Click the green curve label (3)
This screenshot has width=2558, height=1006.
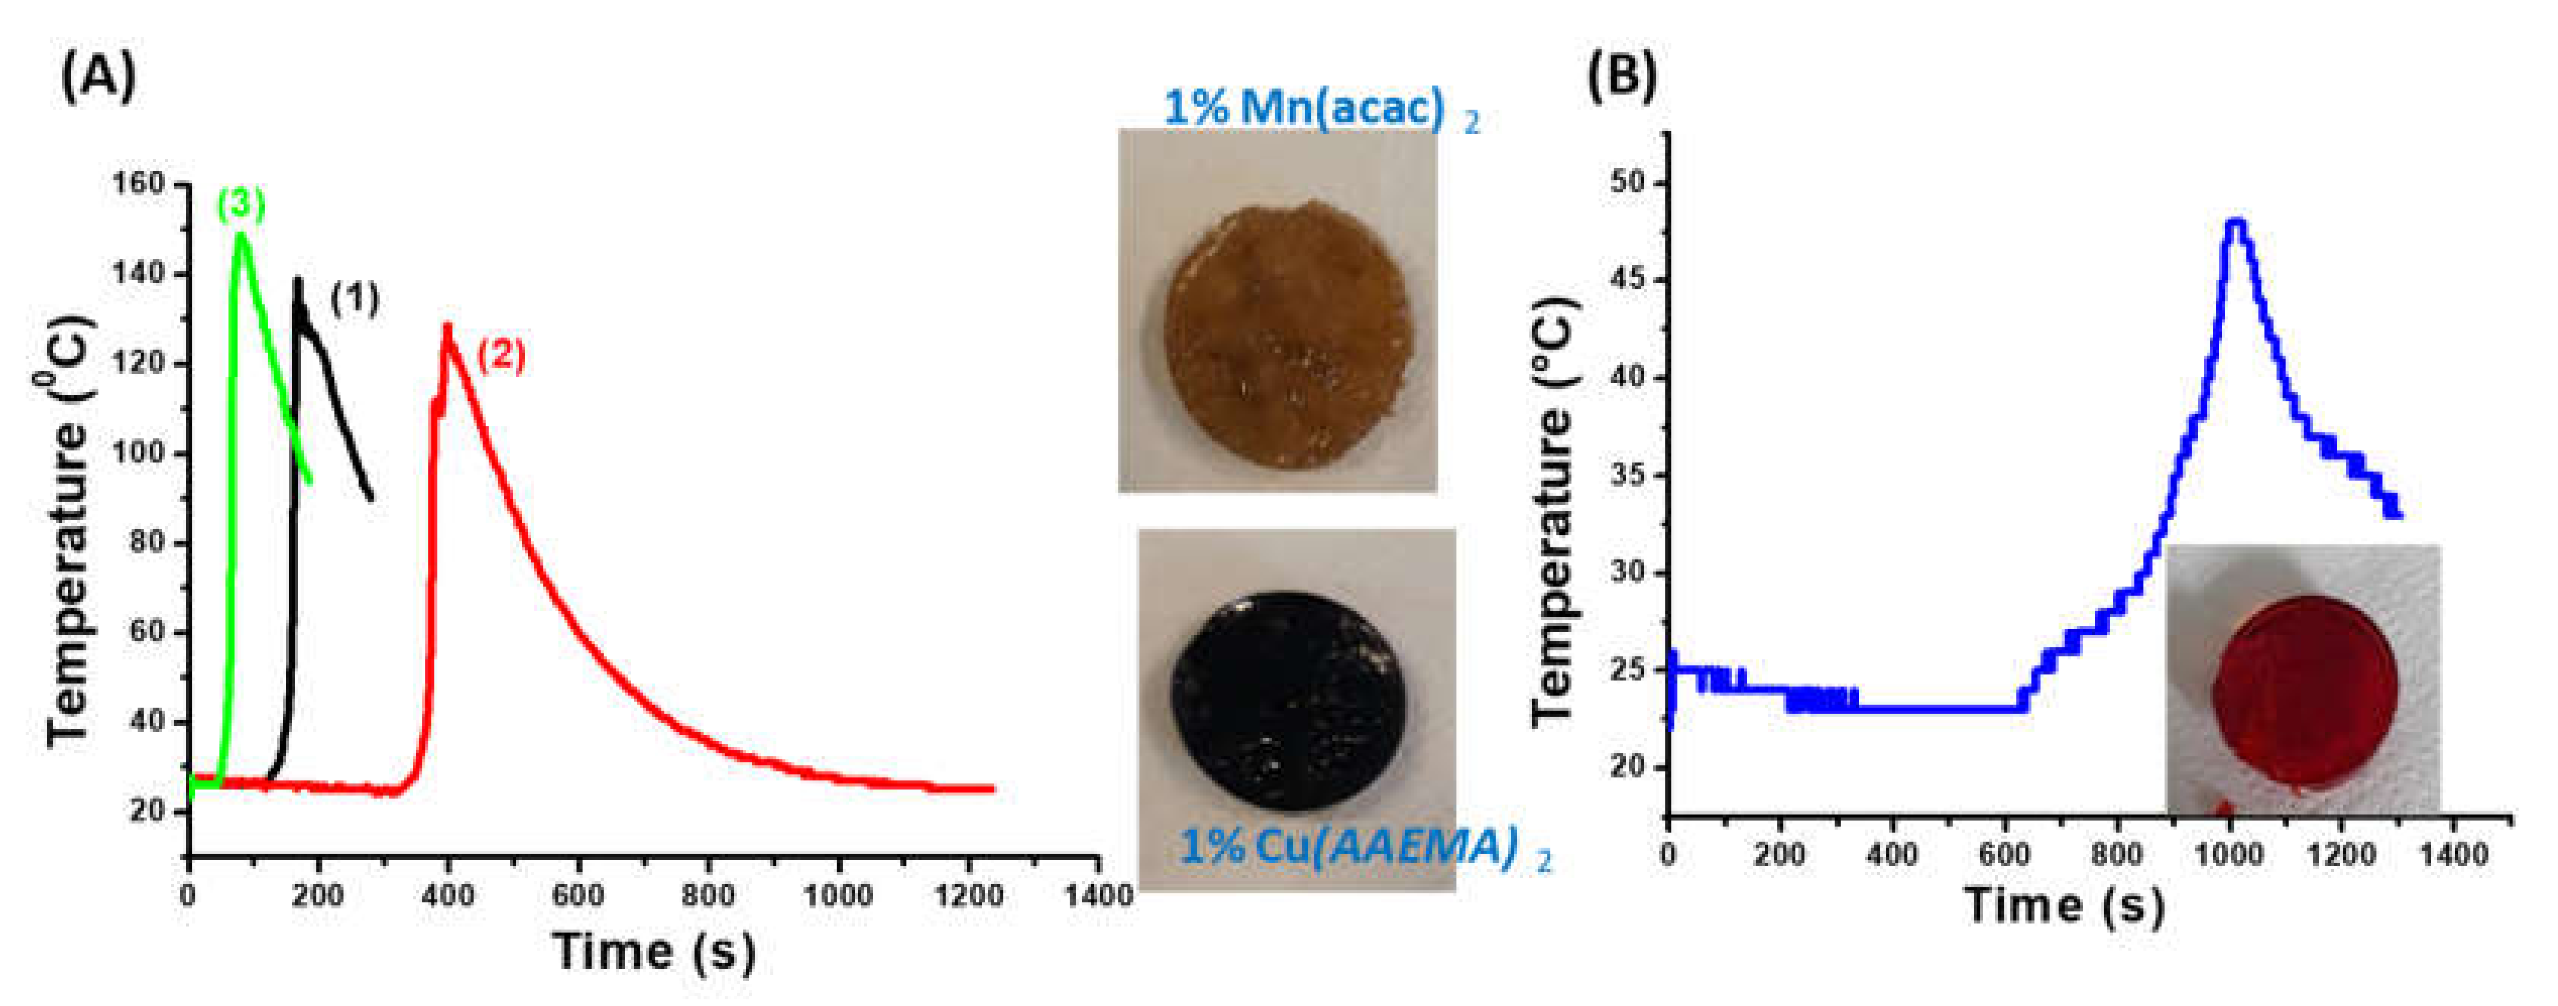pyautogui.click(x=241, y=204)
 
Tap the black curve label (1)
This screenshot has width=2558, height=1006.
pyautogui.click(x=355, y=298)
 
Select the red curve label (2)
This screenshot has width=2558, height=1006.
pyautogui.click(x=501, y=356)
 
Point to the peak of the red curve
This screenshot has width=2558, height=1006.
pyautogui.click(x=448, y=325)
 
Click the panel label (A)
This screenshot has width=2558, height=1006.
pyautogui.click(x=98, y=76)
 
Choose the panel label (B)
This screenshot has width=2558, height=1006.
pyautogui.click(x=1621, y=76)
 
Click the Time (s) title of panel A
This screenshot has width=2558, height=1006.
pyautogui.click(x=654, y=951)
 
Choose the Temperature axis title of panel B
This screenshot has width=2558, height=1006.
pyautogui.click(x=1553, y=512)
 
